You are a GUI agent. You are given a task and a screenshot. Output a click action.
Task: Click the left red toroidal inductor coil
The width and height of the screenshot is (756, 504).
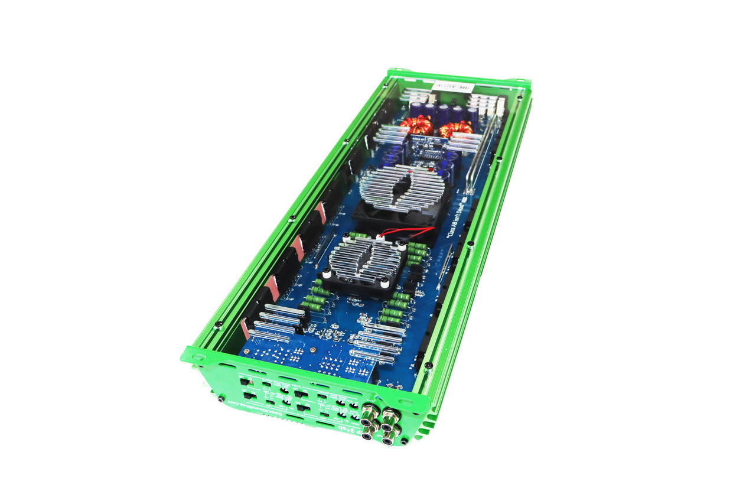418,125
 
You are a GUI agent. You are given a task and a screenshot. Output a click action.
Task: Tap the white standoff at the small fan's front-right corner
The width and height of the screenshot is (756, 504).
385,284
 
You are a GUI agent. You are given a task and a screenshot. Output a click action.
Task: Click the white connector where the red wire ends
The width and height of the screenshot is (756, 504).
373,236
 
